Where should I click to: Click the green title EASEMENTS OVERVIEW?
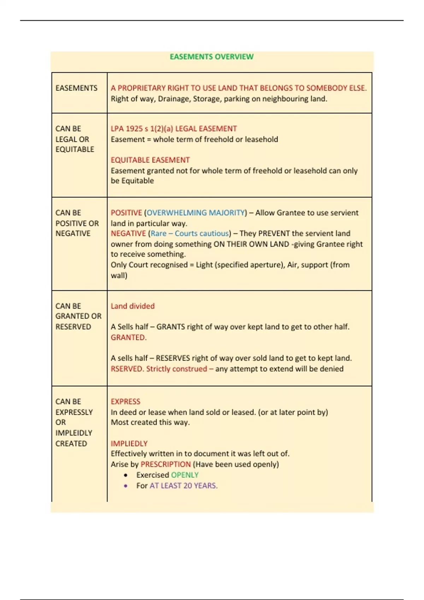211,57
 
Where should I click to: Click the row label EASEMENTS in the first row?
76,88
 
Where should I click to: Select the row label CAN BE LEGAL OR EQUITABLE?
75,139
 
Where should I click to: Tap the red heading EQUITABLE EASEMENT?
150,160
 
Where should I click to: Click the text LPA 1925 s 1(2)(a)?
142,128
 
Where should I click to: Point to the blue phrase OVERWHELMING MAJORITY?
196,213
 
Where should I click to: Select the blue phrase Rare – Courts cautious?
190,233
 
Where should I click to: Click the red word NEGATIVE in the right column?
128,233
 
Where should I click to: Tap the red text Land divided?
132,306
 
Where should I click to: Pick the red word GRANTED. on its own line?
128,337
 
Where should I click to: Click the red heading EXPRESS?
125,402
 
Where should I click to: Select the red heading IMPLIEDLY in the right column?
129,443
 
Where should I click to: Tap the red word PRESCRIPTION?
165,464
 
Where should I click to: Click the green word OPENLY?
185,475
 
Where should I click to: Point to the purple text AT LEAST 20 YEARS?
183,486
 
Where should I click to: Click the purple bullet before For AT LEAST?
126,486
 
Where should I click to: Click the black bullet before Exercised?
126,475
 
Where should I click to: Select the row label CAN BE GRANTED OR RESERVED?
78,316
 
